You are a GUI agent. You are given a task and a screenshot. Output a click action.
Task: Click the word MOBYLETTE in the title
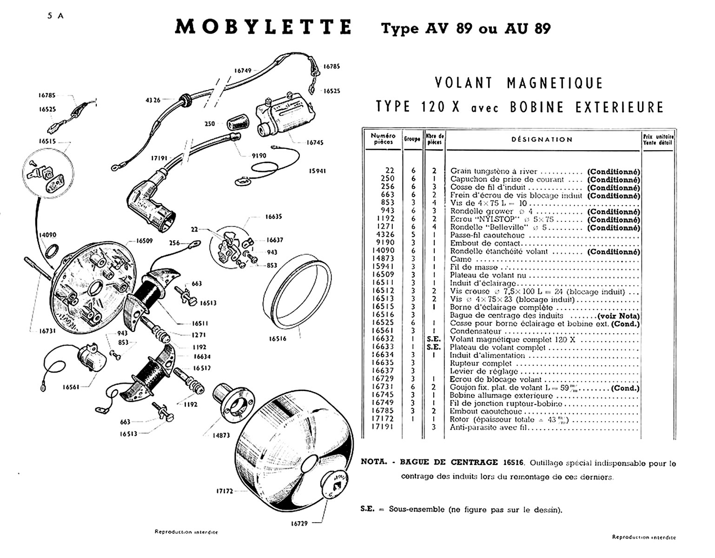pos(263,27)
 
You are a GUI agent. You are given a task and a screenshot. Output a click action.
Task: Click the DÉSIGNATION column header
pos(542,139)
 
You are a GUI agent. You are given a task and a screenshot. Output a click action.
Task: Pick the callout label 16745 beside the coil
pos(315,143)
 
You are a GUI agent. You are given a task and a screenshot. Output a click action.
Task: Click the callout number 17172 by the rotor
pos(224,491)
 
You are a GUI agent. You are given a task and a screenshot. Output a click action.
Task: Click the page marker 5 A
pos(55,15)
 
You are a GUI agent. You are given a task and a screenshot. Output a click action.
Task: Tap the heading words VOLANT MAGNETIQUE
pos(519,83)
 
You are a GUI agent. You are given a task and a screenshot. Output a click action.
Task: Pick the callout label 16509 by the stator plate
pos(144,241)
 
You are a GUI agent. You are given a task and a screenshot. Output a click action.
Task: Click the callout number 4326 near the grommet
pos(153,100)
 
